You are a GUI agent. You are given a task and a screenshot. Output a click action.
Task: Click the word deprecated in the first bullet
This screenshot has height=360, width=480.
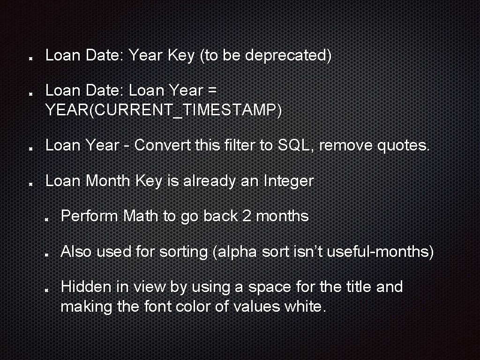tap(288, 56)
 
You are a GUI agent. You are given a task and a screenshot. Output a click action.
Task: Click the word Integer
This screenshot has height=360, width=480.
tap(289, 181)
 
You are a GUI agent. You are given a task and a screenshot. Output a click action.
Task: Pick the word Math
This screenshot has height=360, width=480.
tap(141, 216)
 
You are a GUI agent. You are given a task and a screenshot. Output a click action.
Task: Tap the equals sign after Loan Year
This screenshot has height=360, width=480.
tap(211, 90)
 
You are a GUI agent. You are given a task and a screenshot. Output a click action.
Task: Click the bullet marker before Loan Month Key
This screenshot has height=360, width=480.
tap(30, 183)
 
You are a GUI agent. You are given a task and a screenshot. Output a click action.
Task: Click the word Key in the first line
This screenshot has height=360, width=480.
tap(181, 56)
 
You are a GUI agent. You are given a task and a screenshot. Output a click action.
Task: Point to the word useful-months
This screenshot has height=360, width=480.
tap(380, 252)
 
